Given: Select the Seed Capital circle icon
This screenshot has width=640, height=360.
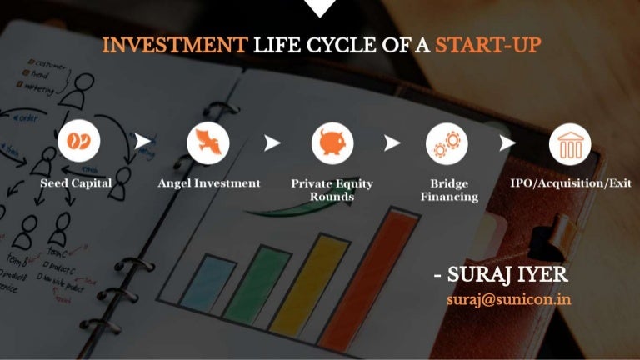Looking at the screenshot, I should pyautogui.click(x=79, y=143).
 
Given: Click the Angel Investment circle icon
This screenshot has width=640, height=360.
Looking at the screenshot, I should pyautogui.click(x=208, y=143).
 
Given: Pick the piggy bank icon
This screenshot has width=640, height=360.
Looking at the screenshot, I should pyautogui.click(x=332, y=143).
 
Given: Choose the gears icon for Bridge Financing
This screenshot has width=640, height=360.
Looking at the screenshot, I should pyautogui.click(x=447, y=143).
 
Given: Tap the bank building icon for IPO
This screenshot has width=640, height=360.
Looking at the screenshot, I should pyautogui.click(x=570, y=143).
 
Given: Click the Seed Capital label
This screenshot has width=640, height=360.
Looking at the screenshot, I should pyautogui.click(x=76, y=183).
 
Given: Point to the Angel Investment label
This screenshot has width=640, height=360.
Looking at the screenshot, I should pyautogui.click(x=209, y=183).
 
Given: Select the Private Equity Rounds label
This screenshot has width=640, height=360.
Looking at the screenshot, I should pyautogui.click(x=332, y=190).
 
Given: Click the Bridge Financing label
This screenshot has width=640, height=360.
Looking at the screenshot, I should pyautogui.click(x=449, y=190).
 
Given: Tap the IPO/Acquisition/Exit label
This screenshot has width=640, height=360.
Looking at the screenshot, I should pyautogui.click(x=571, y=183).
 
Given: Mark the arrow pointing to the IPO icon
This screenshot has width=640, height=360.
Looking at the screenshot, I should pyautogui.click(x=507, y=143).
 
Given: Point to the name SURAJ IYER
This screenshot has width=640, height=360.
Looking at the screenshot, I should pyautogui.click(x=508, y=275).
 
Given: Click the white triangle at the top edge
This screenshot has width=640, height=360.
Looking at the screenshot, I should pyautogui.click(x=320, y=7).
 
